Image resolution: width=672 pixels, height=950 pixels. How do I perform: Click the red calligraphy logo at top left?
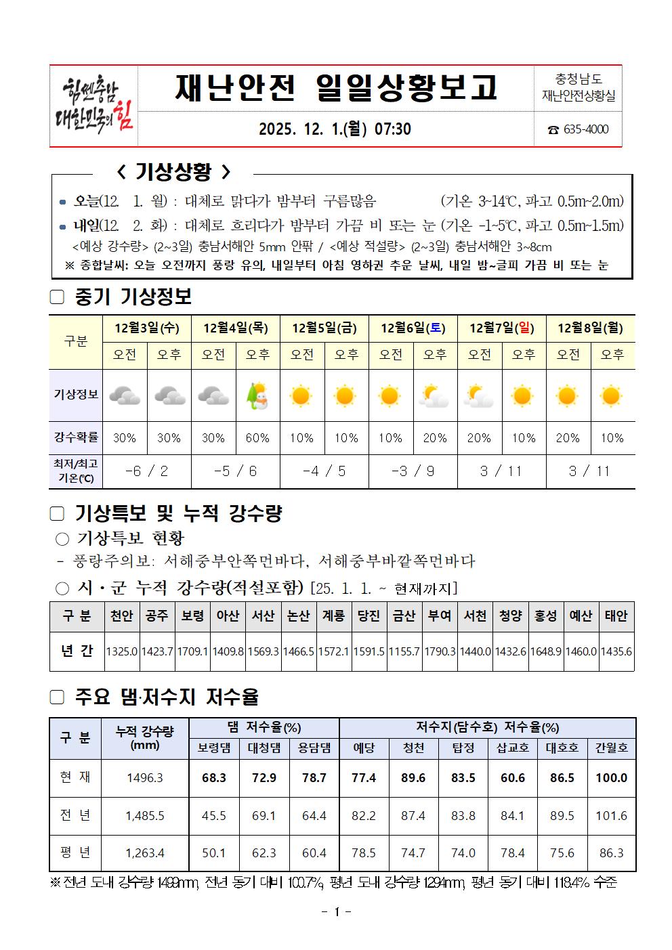coord(93,106)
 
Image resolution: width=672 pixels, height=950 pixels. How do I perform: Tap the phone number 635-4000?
coord(578,129)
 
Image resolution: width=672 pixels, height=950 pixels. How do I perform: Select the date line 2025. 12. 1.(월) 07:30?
coord(335,129)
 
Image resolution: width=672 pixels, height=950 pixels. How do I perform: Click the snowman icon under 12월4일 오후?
coord(257,395)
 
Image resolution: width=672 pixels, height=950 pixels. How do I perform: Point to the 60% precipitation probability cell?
coord(257,438)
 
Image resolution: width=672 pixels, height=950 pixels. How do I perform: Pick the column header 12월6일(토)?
coord(413,328)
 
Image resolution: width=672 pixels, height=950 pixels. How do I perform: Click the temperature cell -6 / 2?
coord(146,471)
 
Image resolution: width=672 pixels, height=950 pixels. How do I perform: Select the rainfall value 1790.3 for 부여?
coord(440,651)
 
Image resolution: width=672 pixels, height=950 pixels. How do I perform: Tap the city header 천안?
coord(122,616)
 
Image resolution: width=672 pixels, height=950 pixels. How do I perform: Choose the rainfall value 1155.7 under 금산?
coord(404,651)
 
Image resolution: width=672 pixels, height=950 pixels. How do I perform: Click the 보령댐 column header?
coord(214,748)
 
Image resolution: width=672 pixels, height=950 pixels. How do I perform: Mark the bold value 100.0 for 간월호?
coord(611,778)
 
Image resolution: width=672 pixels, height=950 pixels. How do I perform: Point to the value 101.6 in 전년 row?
coord(611,816)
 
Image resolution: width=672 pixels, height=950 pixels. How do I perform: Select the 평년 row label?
coord(75,852)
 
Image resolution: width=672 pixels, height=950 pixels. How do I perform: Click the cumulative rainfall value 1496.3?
coord(145,778)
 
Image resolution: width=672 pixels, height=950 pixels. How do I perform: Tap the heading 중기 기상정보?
coord(133,297)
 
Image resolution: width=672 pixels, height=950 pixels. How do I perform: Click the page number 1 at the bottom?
coord(336,912)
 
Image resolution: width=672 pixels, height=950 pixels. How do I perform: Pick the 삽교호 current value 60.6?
coord(513,778)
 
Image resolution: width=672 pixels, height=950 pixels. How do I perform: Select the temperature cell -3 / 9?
coord(413,471)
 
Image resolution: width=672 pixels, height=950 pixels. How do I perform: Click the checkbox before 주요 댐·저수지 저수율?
coord(57,697)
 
